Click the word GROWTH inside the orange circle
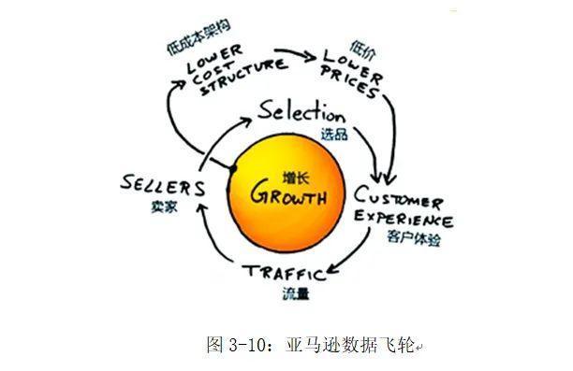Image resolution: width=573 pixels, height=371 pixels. coord(288,193)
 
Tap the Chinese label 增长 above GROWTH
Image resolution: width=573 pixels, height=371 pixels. coord(296,178)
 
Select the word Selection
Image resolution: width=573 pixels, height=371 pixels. coord(301,111)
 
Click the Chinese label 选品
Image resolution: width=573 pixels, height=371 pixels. coord(334,134)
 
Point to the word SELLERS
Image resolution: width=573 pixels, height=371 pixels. coord(162,185)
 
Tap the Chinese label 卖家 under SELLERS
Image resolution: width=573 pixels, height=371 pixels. coord(165,207)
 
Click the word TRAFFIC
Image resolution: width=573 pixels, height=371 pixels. coord(284,272)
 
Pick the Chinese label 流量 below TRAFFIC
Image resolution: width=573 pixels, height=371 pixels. coord(296,293)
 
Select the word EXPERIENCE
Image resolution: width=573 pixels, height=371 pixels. coord(404,218)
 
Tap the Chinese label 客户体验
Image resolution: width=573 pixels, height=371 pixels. coord(414,238)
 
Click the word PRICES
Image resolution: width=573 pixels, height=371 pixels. coord(348,83)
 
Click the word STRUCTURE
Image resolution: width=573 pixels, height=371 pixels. coord(243,77)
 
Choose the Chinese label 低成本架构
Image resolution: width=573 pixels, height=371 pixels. coord(198,37)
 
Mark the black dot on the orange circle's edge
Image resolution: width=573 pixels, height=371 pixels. coord(233,169)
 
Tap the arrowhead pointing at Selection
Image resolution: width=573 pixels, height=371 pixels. coord(245,122)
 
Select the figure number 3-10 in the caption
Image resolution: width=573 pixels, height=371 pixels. coord(247,345)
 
